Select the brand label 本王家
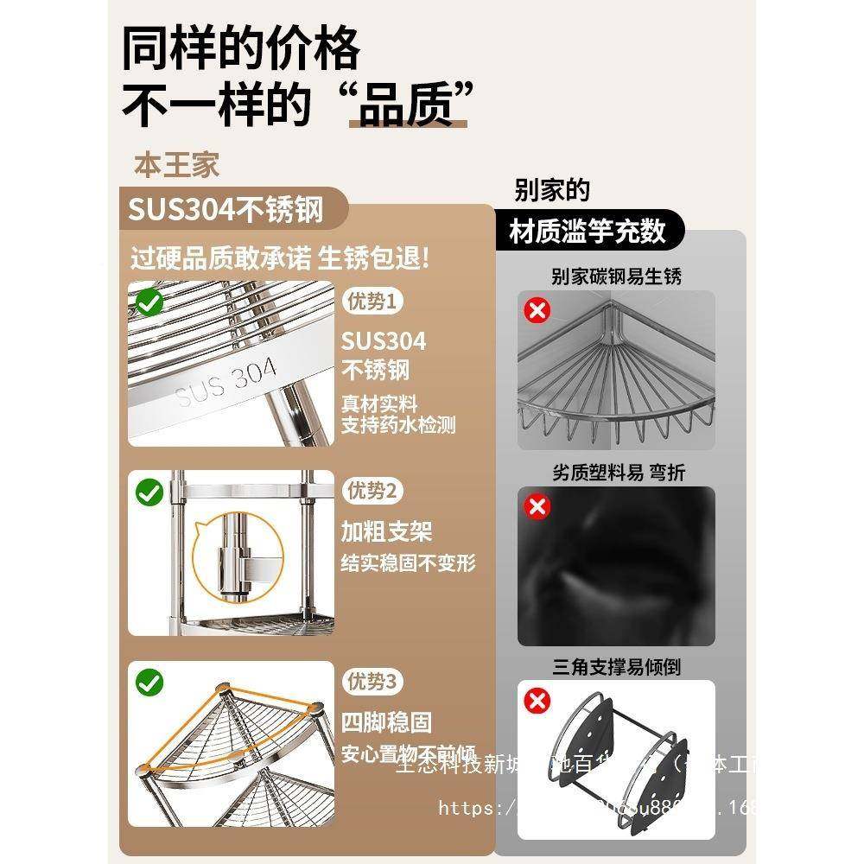point(177,165)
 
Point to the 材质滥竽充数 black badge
point(588,231)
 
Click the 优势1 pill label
point(373,302)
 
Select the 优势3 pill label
point(373,683)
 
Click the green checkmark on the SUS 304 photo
point(150,302)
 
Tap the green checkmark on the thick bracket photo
point(150,492)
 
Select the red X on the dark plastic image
point(538,506)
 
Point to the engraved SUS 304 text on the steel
point(226,383)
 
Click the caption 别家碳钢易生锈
point(616,276)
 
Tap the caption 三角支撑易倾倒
point(616,667)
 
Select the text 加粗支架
point(386,530)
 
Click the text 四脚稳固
point(386,721)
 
